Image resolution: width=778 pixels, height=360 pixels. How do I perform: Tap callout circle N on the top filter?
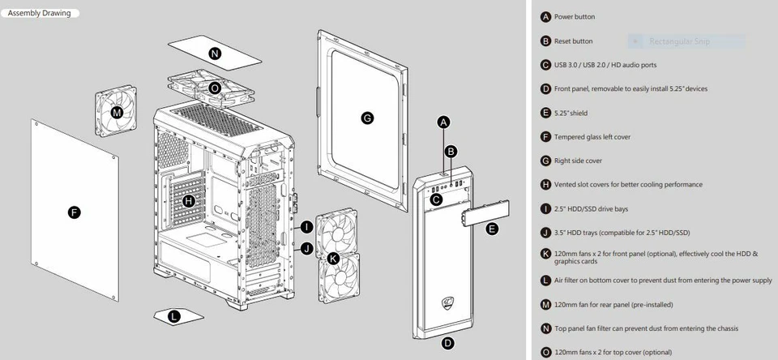click(x=215, y=54)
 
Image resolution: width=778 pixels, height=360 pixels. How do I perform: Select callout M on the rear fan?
click(x=118, y=113)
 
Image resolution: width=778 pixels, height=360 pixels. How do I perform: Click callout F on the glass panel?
click(x=75, y=212)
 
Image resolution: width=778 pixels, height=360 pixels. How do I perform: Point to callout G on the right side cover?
click(x=367, y=118)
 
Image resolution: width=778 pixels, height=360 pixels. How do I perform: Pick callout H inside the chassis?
click(x=188, y=200)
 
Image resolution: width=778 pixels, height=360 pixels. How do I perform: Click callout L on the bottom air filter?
click(x=173, y=316)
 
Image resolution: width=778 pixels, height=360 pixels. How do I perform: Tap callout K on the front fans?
click(x=334, y=259)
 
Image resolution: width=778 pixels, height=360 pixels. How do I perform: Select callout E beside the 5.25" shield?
click(x=491, y=229)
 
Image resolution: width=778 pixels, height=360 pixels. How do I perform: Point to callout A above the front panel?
click(x=443, y=122)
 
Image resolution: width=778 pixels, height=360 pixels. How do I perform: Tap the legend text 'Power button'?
click(x=574, y=17)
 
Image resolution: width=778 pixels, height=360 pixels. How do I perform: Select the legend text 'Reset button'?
click(x=573, y=41)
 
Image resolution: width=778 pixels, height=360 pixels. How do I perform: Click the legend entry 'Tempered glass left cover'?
click(x=592, y=137)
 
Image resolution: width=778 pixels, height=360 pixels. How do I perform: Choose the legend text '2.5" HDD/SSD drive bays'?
click(x=591, y=208)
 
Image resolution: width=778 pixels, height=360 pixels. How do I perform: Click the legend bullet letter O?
click(x=545, y=353)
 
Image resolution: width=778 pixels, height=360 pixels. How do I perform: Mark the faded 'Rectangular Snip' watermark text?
click(x=682, y=41)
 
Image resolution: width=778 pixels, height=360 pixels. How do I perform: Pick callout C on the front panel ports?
click(x=436, y=199)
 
